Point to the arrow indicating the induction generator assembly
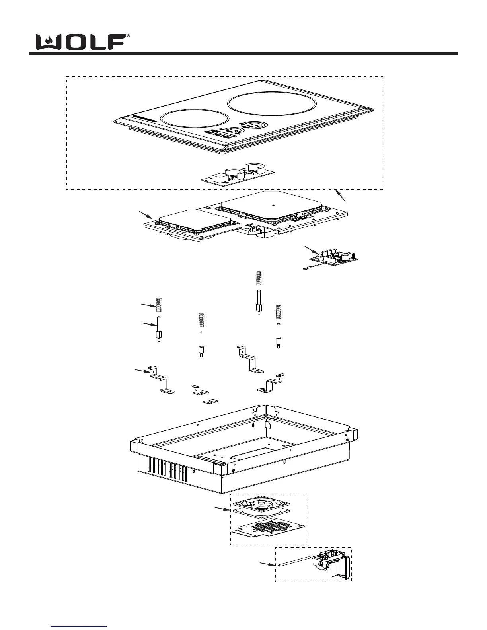146,215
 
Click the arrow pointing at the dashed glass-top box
341,196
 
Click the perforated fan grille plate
270,529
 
